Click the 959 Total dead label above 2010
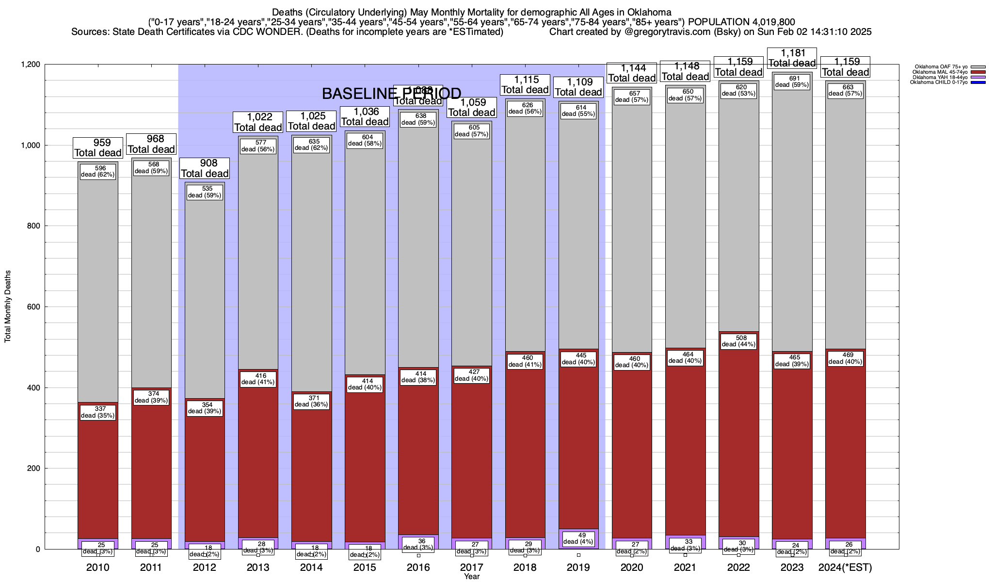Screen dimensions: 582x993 pyautogui.click(x=98, y=147)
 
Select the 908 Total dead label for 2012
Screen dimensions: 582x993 pyautogui.click(x=205, y=168)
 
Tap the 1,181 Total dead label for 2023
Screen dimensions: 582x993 pyautogui.click(x=792, y=58)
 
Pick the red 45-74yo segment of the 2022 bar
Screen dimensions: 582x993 pyautogui.click(x=738, y=436)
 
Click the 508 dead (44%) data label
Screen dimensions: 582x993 pyautogui.click(x=738, y=341)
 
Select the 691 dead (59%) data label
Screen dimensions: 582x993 pyautogui.click(x=792, y=81)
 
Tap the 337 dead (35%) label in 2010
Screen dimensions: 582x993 pyautogui.click(x=98, y=412)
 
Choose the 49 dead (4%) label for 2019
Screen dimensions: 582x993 pyautogui.click(x=578, y=538)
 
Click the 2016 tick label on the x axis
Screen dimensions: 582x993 pyautogui.click(x=418, y=567)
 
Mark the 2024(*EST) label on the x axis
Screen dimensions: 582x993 pyautogui.click(x=845, y=567)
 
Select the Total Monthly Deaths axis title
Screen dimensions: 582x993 pyautogui.click(x=8, y=307)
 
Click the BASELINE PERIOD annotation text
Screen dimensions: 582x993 pyautogui.click(x=391, y=94)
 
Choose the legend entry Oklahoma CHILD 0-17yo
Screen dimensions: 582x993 pyautogui.click(x=939, y=82)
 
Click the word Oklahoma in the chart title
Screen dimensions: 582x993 pyautogui.click(x=645, y=12)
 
